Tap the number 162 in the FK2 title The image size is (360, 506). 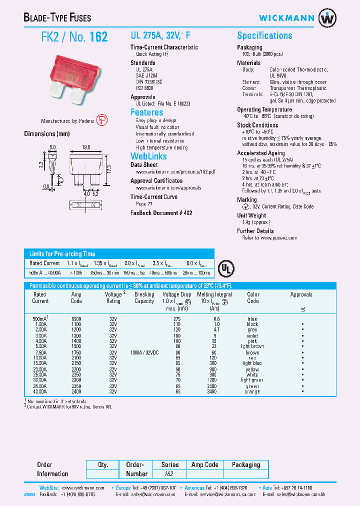click(x=98, y=37)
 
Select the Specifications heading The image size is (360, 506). click(x=264, y=35)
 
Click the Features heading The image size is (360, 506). click(x=146, y=112)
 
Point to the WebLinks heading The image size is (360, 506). click(x=148, y=156)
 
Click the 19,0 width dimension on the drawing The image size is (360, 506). click(x=85, y=147)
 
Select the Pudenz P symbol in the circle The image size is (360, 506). click(x=101, y=120)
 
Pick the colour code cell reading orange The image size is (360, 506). click(x=252, y=391)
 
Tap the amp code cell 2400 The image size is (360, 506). click(x=76, y=391)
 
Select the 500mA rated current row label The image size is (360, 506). click(x=39, y=319)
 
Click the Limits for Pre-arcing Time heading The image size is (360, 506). click(x=62, y=253)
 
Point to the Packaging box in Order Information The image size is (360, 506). click(x=245, y=465)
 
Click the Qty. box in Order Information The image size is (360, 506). click(x=103, y=465)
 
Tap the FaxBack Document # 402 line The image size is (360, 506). click(x=161, y=213)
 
